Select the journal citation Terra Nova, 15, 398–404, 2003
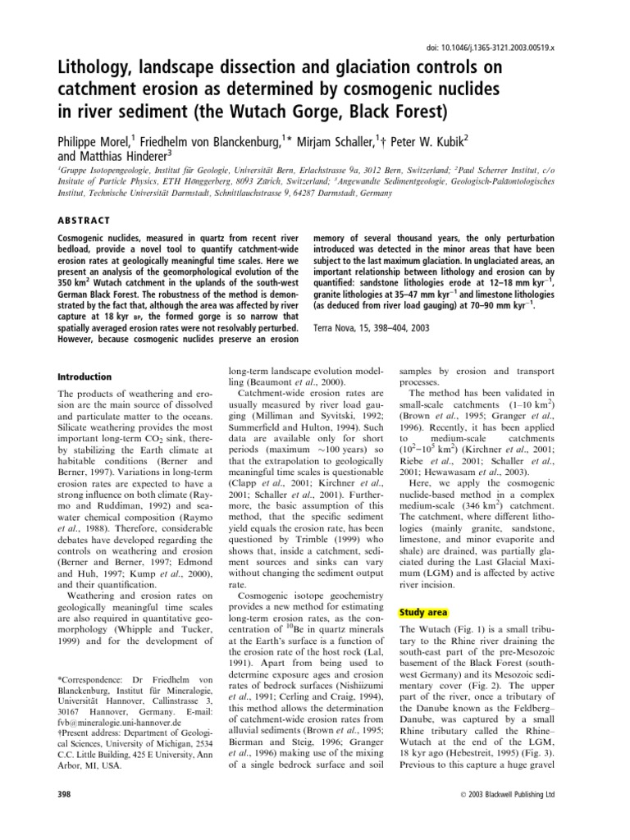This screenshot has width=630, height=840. pos(382,326)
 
